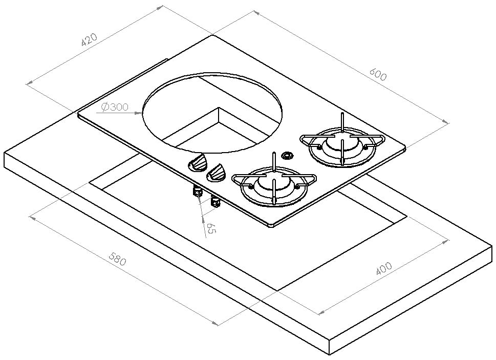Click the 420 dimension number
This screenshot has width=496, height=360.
(90, 39)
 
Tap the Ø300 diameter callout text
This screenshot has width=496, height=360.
(115, 108)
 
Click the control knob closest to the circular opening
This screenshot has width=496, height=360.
(197, 163)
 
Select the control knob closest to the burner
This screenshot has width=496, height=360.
(217, 173)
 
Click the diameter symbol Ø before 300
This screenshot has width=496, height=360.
(104, 108)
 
